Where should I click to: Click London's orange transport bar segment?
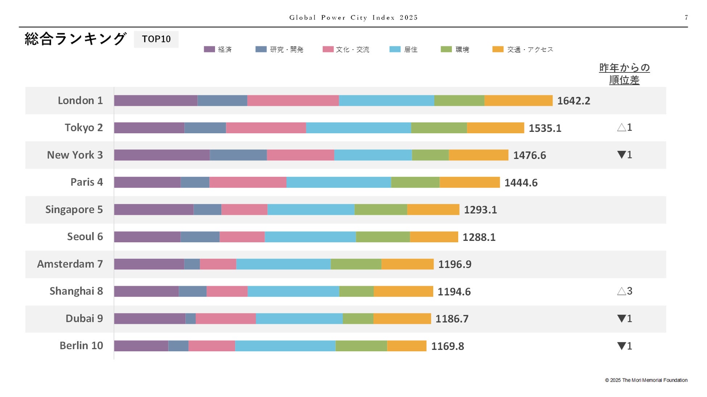(x=518, y=101)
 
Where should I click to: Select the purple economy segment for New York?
(x=162, y=155)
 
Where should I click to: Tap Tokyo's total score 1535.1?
(x=545, y=128)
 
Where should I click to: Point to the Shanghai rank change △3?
(x=624, y=291)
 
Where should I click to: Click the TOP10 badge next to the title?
(x=156, y=39)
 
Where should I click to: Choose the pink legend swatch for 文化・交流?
(x=328, y=49)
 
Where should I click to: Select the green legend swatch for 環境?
(x=446, y=49)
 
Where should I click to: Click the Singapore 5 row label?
(x=74, y=210)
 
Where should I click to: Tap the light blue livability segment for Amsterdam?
(x=283, y=264)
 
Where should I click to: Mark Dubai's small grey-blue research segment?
(x=190, y=319)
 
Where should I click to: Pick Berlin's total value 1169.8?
(x=447, y=346)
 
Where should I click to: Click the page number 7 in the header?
(x=686, y=17)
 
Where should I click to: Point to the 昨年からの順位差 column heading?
(x=624, y=74)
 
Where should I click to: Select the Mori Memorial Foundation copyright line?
(x=646, y=380)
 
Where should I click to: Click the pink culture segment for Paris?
(x=248, y=182)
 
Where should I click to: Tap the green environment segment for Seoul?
(x=383, y=237)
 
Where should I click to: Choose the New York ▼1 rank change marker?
(x=624, y=155)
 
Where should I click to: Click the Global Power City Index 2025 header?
(x=353, y=17)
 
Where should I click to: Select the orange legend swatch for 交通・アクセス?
(x=497, y=49)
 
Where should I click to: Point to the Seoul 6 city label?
(x=85, y=237)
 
